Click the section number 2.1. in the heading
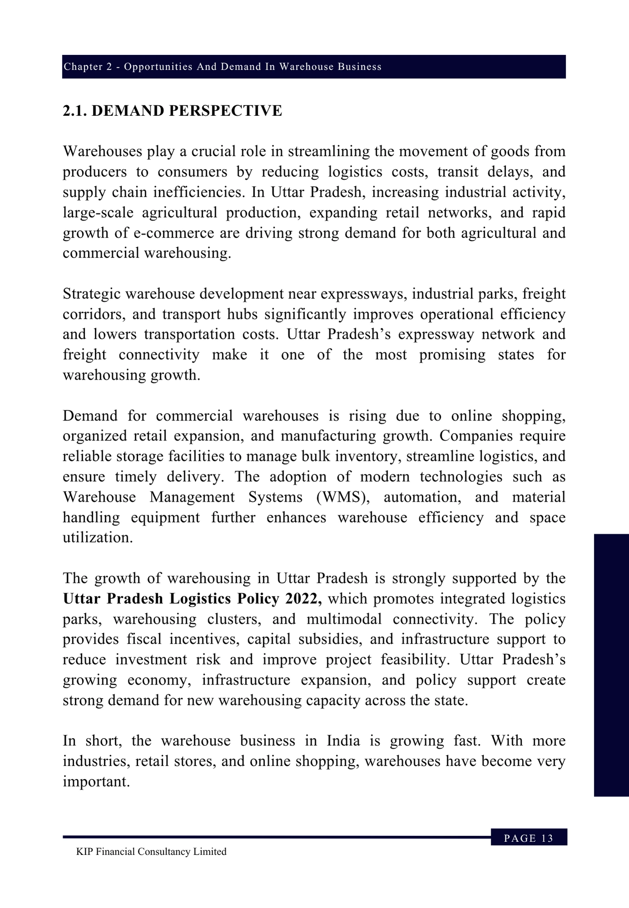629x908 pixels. [75, 111]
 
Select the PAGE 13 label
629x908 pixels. [529, 838]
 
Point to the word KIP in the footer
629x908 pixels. [84, 852]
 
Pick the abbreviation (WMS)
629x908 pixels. [343, 497]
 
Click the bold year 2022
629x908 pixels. [304, 598]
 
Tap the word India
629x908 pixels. [343, 740]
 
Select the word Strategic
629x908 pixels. [91, 294]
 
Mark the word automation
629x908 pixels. [422, 497]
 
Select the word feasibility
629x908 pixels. [415, 659]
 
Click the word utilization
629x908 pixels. [98, 538]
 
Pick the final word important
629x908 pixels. [96, 781]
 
